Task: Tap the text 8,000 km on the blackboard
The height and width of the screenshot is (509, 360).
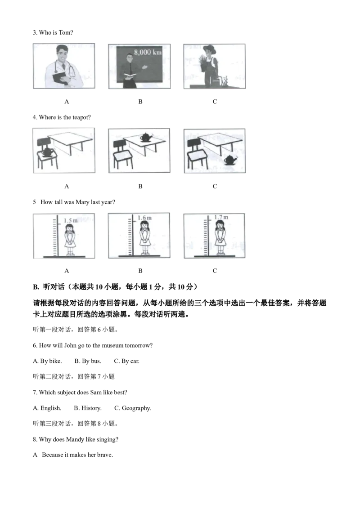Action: [x=148, y=52]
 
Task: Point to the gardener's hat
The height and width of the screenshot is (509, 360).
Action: [x=210, y=49]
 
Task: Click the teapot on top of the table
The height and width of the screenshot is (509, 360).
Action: [x=147, y=137]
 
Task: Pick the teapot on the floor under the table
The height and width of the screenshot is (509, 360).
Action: [x=230, y=159]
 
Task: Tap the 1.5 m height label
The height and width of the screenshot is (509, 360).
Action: [x=71, y=221]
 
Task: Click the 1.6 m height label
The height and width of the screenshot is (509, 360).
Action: [x=144, y=218]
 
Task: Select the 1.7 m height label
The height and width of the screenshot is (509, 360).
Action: [x=221, y=217]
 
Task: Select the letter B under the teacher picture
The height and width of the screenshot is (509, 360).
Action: [x=140, y=102]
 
